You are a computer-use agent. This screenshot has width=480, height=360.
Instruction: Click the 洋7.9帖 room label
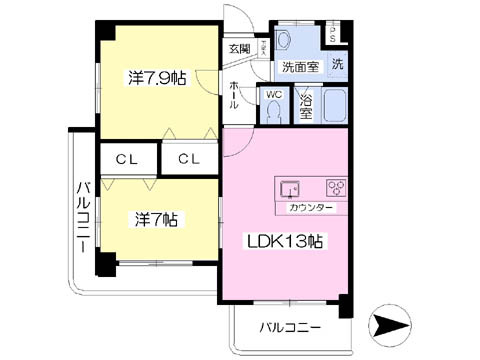click(155, 77)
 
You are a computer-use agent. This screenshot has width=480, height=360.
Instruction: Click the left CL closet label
click(127, 158)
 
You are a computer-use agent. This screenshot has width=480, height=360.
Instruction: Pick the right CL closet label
click(190, 158)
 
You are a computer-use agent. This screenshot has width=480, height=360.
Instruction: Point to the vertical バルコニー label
click(83, 216)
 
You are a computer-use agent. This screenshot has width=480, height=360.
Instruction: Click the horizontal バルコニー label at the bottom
click(290, 327)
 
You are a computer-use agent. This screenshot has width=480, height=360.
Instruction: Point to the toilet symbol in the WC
click(273, 111)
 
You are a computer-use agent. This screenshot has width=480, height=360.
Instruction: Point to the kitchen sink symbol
click(290, 187)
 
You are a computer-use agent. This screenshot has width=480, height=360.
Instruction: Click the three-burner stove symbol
click(334, 187)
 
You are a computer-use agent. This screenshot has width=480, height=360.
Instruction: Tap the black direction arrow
click(389, 325)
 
